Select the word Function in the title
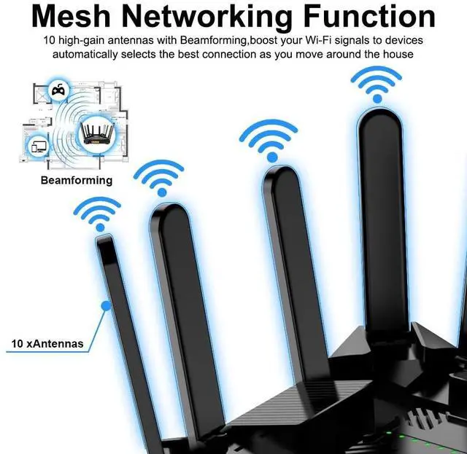coord(372,17)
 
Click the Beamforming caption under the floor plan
coord(77,180)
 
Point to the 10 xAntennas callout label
coord(47,343)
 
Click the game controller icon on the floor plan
coord(58,90)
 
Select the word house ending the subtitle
coord(398,55)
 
